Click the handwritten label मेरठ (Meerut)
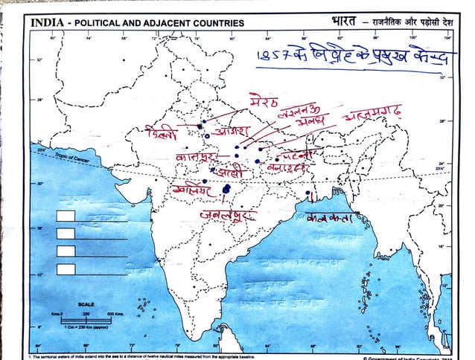(x=264, y=100)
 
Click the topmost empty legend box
(x=66, y=216)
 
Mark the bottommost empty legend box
(x=66, y=269)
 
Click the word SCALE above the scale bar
(x=86, y=304)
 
